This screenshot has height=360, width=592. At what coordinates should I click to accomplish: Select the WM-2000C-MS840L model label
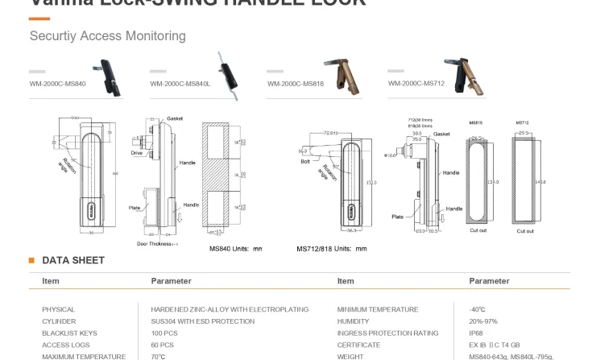click(x=180, y=84)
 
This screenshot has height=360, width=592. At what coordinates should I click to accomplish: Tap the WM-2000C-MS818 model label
click(x=295, y=84)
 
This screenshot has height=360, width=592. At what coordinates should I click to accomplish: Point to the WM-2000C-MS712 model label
click(x=416, y=83)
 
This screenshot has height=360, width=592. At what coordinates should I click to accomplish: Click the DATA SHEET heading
click(x=72, y=260)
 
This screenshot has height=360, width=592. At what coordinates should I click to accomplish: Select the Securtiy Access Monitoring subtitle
click(x=107, y=36)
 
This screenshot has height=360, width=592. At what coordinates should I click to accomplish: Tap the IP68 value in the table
click(x=477, y=333)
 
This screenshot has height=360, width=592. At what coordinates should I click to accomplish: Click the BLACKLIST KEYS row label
click(x=69, y=333)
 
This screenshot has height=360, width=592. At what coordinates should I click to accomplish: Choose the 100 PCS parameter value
click(x=164, y=333)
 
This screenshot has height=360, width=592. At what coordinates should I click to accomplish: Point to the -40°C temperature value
click(x=477, y=309)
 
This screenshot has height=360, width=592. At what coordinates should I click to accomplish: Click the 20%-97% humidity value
click(x=482, y=321)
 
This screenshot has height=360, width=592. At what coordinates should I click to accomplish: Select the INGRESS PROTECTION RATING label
click(x=387, y=333)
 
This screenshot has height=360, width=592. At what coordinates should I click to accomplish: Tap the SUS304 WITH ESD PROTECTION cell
click(x=202, y=321)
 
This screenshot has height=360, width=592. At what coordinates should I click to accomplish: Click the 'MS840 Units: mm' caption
click(x=235, y=249)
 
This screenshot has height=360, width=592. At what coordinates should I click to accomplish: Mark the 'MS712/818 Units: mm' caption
click(x=331, y=249)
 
